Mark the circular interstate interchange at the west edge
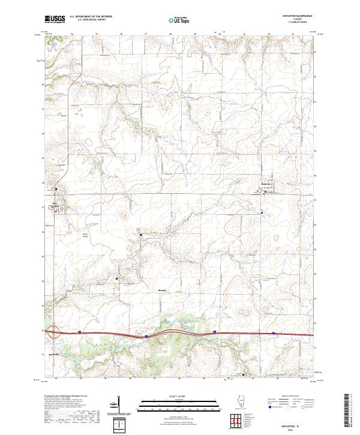click(53, 331)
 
